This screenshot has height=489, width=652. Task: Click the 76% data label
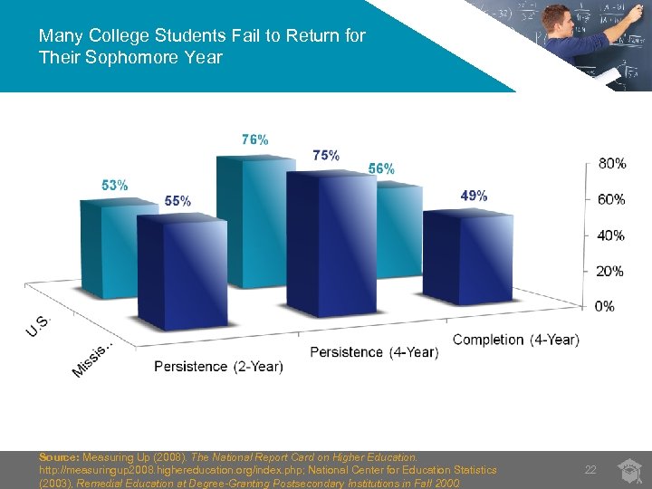tap(254, 140)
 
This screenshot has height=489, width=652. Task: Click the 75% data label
tap(326, 155)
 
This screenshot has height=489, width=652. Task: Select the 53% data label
tap(114, 185)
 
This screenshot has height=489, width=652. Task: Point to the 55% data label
tap(177, 201)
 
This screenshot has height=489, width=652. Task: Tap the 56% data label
tap(381, 169)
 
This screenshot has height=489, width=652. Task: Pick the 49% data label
tap(474, 196)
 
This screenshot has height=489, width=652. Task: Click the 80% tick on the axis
tap(611, 164)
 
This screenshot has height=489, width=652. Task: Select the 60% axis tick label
tap(611, 199)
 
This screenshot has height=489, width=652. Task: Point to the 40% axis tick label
tap(611, 235)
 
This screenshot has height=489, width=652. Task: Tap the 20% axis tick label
tap(611, 271)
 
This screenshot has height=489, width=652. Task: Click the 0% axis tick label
tap(604, 306)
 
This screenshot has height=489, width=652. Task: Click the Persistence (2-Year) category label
tap(218, 367)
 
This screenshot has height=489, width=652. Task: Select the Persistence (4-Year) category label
tap(374, 352)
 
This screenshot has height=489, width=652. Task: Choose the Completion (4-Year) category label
tap(515, 340)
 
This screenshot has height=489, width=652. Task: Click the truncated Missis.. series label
tap(93, 360)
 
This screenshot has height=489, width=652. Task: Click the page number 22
tap(590, 469)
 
